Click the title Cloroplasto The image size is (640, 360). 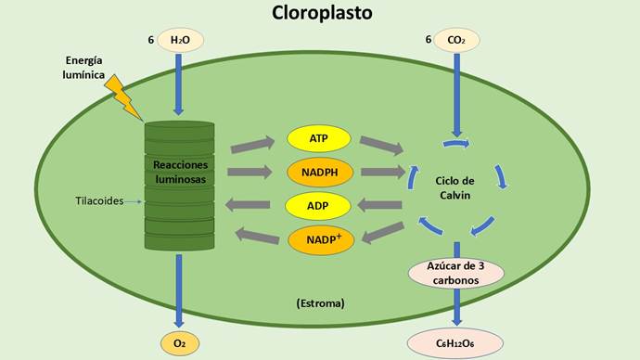click(322, 13)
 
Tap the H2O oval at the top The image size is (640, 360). click(180, 40)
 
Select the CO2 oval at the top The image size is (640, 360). click(455, 40)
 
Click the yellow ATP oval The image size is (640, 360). click(319, 139)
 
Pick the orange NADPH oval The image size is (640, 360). click(319, 172)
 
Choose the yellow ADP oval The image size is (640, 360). click(319, 204)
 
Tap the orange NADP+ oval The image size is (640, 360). click(319, 239)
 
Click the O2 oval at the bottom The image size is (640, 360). click(180, 343)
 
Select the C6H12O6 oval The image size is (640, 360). click(455, 343)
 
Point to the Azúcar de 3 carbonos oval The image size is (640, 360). click(455, 274)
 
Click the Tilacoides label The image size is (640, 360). click(99, 200)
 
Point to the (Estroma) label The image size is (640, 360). click(321, 302)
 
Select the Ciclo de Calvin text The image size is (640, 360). click(455, 186)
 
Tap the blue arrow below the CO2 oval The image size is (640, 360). click(455, 93)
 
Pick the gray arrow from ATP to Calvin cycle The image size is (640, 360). click(380, 145)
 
